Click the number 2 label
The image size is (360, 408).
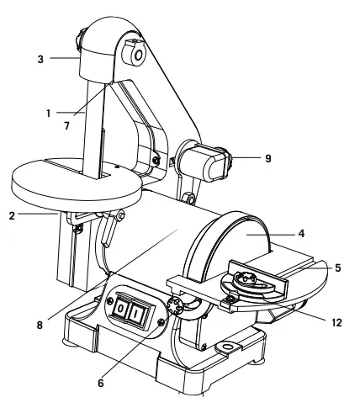tap(13, 215)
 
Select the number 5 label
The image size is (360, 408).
tap(336, 268)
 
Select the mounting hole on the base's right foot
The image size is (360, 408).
tap(226, 347)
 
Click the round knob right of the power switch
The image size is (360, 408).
tap(177, 306)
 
